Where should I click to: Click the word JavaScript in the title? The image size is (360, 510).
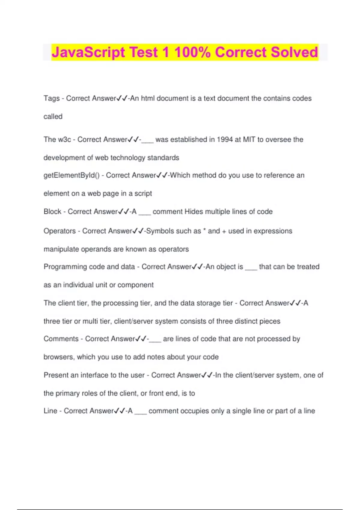click(x=88, y=52)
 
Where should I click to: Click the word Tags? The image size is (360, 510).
click(x=52, y=98)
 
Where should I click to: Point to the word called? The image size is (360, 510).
click(x=53, y=116)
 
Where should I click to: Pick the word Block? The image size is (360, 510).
click(x=52, y=211)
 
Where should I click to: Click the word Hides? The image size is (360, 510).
click(x=194, y=211)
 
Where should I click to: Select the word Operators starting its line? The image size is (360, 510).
click(x=60, y=231)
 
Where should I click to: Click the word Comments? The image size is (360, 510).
click(x=61, y=339)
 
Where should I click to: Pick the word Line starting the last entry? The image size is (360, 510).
click(x=50, y=411)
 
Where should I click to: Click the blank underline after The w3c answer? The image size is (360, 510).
click(x=147, y=141)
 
